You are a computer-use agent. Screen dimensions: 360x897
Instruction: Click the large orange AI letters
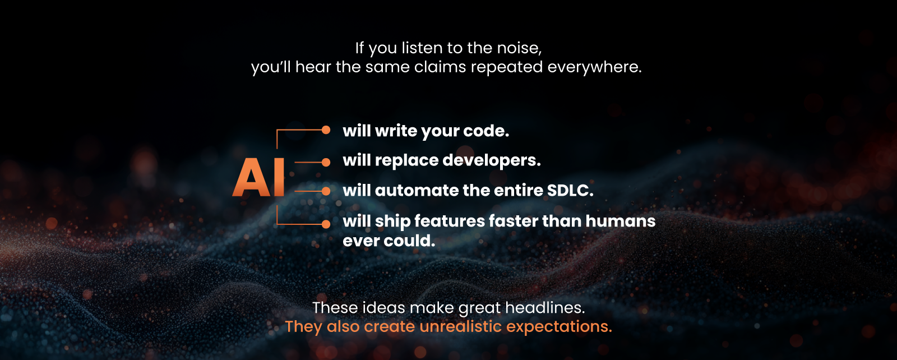coord(259,177)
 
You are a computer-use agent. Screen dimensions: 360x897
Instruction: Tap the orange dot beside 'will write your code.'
coord(326,130)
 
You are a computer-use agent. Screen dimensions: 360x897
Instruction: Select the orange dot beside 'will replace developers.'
coord(326,163)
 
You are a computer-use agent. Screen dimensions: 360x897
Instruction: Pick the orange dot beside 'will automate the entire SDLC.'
coord(326,191)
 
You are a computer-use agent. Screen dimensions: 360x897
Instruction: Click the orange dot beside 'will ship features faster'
coord(326,224)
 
